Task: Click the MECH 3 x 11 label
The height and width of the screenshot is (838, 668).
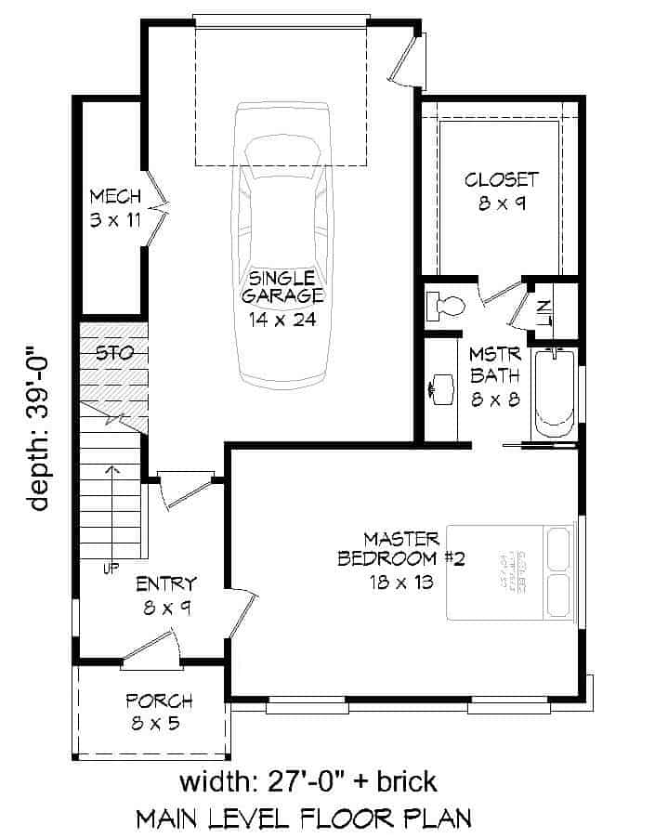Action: (115, 207)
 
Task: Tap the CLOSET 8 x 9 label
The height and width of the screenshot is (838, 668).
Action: (502, 190)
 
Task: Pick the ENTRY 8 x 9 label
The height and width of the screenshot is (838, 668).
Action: (166, 595)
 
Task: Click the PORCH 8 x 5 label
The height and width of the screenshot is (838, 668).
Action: (159, 712)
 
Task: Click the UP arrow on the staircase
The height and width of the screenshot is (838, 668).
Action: (112, 511)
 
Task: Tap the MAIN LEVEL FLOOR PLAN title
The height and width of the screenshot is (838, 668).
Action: (303, 818)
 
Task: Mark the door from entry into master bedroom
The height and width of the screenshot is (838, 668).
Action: (240, 612)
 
